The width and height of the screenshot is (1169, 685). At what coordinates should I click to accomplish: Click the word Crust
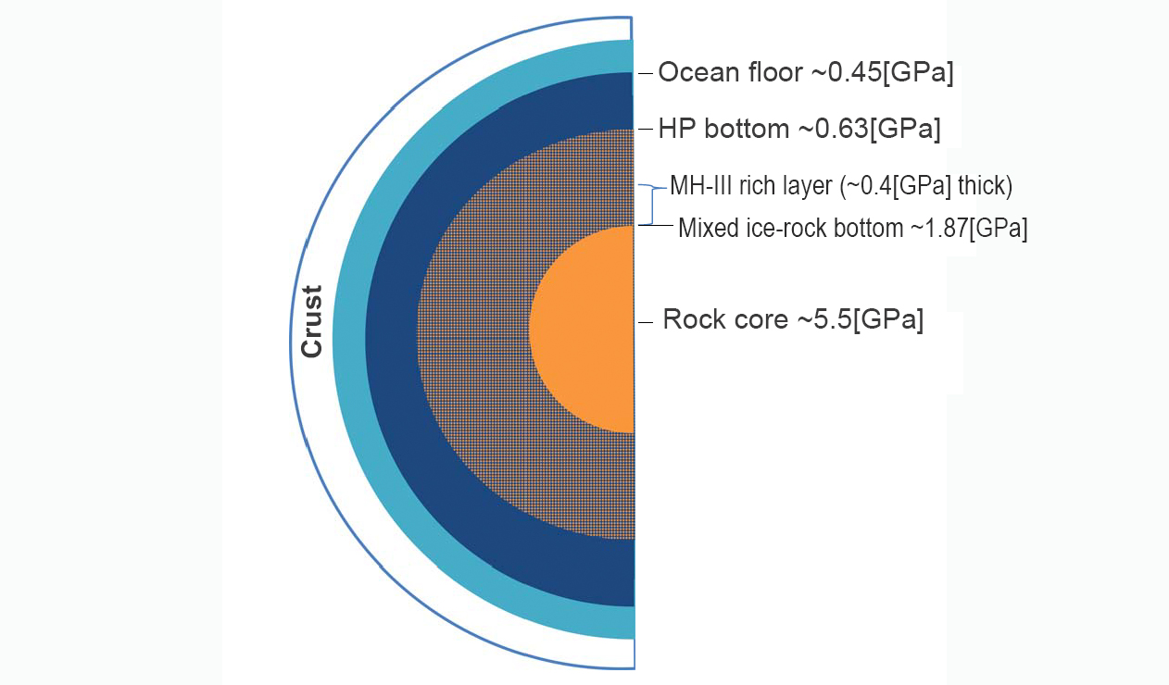pos(312,321)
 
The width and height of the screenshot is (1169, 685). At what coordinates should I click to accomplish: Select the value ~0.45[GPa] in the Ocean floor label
pos(882,72)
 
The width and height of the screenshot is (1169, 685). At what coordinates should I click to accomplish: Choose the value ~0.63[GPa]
pos(870,129)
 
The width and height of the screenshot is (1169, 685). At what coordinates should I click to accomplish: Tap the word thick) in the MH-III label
pos(985,186)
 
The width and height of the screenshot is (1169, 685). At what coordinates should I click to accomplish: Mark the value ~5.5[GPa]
pos(860,319)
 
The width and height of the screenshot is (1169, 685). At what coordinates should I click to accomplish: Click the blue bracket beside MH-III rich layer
pos(652,204)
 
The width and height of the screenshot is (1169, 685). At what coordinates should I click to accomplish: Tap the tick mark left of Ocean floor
pos(646,74)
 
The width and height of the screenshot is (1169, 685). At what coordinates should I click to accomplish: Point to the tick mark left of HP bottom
pos(646,129)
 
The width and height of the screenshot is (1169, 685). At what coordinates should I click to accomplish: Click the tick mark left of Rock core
pos(646,323)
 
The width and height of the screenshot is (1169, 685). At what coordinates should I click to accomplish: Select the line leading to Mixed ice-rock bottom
pos(656,225)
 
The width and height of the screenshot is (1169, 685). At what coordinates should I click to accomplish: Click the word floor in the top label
pos(775,72)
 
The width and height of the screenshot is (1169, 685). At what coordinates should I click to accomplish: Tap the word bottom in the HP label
pos(747,129)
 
